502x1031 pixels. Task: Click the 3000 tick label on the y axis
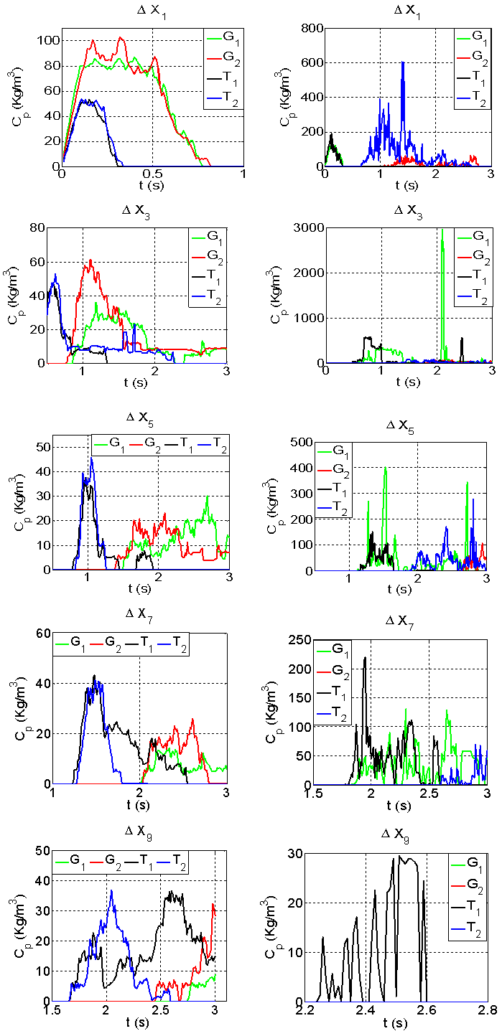(x=310, y=227)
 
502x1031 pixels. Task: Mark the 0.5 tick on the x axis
(x=153, y=174)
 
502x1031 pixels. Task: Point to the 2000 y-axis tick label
(x=310, y=273)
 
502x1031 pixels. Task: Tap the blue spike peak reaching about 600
(x=403, y=62)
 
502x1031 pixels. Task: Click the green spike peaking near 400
(x=386, y=467)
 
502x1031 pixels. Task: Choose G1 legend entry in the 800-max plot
(x=477, y=35)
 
